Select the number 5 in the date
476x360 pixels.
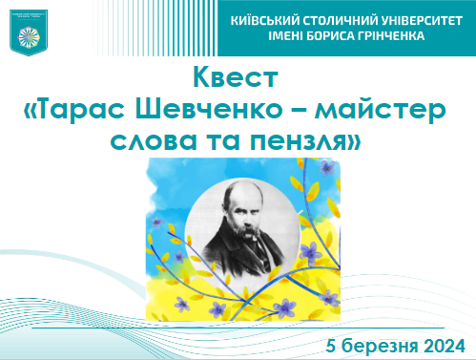point(330,344)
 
